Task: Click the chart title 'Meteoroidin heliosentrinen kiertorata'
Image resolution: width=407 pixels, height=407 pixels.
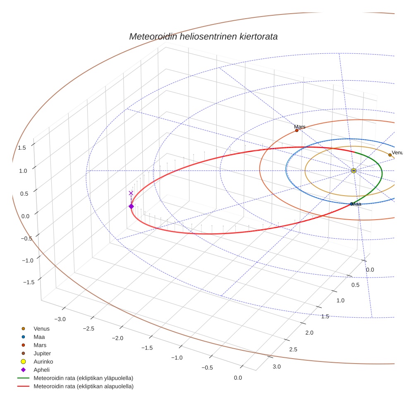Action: pos(203,36)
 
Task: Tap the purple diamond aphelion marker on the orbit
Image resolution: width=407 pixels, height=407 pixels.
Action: pos(131,206)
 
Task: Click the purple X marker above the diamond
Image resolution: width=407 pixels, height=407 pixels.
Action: pos(131,193)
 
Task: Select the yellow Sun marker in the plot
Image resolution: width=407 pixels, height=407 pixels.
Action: pos(354,170)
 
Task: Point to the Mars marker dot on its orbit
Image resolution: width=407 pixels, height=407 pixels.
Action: pos(297,131)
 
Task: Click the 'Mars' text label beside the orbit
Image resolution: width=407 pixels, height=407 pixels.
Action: pos(300,127)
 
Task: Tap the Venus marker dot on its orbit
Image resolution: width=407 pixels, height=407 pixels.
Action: pos(390,155)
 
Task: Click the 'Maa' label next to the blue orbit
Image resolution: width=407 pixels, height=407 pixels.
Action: pos(357,204)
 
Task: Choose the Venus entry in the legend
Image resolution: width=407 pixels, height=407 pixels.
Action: pos(41,329)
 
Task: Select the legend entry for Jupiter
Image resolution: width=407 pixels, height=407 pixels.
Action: pos(42,354)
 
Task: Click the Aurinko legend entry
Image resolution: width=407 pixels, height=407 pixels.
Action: pos(43,362)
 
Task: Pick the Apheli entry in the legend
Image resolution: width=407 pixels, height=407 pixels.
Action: pos(41,370)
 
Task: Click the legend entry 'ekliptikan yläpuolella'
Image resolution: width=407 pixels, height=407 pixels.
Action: pos(83,378)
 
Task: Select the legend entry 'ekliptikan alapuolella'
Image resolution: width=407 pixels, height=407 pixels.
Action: pos(83,386)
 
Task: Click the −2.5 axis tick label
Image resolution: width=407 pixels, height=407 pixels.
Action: pos(89,328)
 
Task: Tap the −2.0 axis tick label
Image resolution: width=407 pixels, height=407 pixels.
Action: pos(117,338)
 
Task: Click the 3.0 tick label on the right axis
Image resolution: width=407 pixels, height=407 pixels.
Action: pos(277,366)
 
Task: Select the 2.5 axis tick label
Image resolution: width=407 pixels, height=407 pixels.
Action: pos(293,350)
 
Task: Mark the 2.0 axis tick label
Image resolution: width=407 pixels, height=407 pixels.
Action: pos(309,333)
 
